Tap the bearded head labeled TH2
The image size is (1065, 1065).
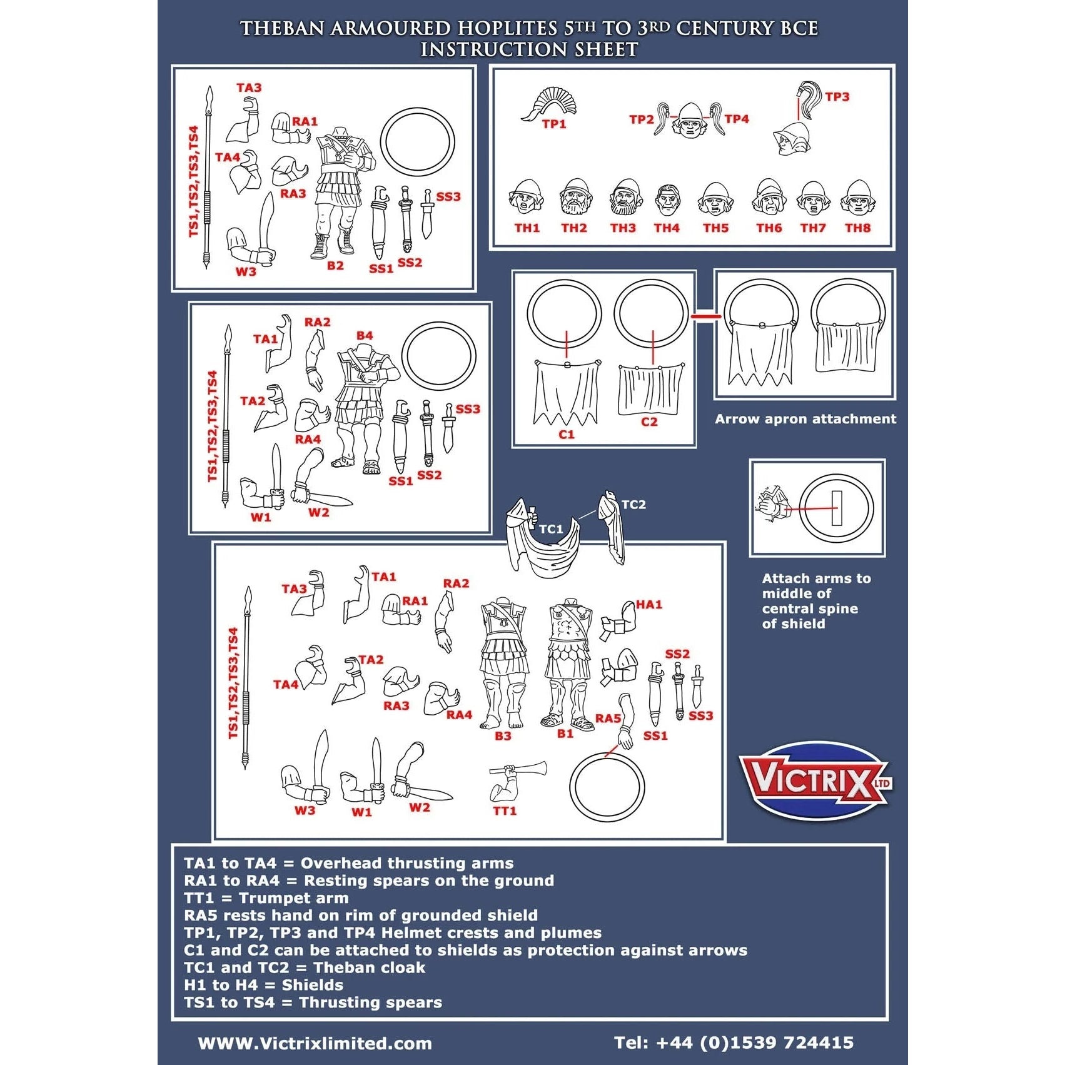[575, 198]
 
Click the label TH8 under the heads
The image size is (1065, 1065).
[857, 228]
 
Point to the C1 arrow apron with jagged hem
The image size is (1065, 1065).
[566, 392]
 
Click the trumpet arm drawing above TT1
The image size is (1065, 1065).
[517, 782]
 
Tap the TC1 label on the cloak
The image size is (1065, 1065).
[551, 529]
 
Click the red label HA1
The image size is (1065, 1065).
[649, 605]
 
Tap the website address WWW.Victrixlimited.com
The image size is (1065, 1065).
[315, 1043]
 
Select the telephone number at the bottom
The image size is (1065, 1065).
[734, 1042]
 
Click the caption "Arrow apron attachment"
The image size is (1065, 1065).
[805, 419]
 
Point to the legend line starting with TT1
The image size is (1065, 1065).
[266, 898]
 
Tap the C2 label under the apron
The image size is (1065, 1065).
[649, 422]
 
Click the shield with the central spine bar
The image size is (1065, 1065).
[836, 507]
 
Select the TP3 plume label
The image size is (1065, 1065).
[837, 97]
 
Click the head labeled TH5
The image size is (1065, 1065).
[715, 198]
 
